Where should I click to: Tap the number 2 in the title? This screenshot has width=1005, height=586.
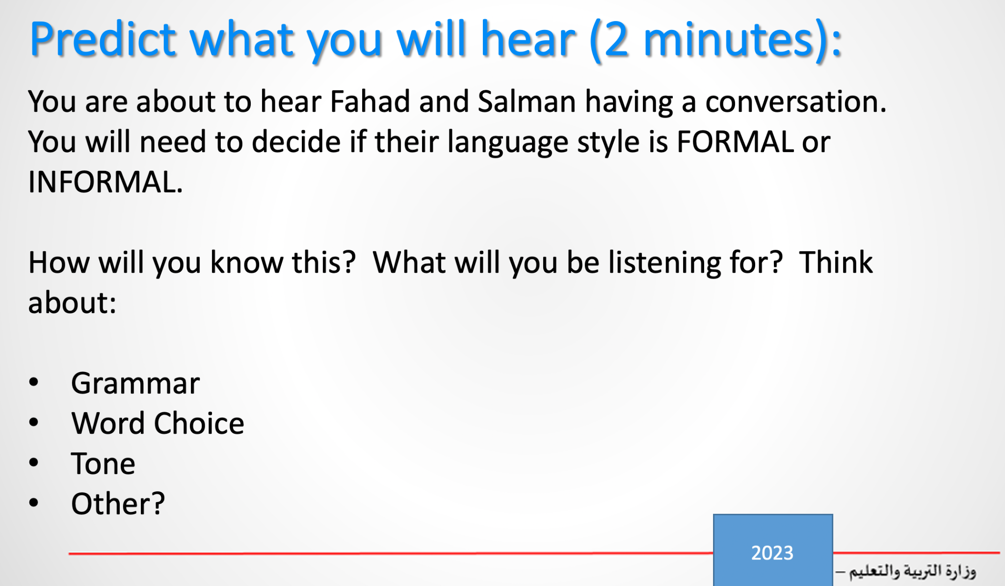(616, 39)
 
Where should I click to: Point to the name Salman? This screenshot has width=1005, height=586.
(527, 102)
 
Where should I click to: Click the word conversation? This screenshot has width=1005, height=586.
(795, 102)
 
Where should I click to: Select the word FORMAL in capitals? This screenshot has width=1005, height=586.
(735, 142)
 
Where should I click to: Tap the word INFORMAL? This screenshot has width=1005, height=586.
(106, 182)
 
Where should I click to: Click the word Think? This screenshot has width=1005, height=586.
(836, 262)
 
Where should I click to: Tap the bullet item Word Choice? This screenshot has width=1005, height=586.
(158, 423)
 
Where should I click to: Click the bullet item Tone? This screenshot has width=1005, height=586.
(103, 464)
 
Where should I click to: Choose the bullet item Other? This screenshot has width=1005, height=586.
(118, 504)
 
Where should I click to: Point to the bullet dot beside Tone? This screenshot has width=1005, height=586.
(33, 462)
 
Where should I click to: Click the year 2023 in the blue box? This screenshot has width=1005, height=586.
(772, 553)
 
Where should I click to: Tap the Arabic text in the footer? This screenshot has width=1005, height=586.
(906, 571)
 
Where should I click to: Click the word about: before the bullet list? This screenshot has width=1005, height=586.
(72, 302)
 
